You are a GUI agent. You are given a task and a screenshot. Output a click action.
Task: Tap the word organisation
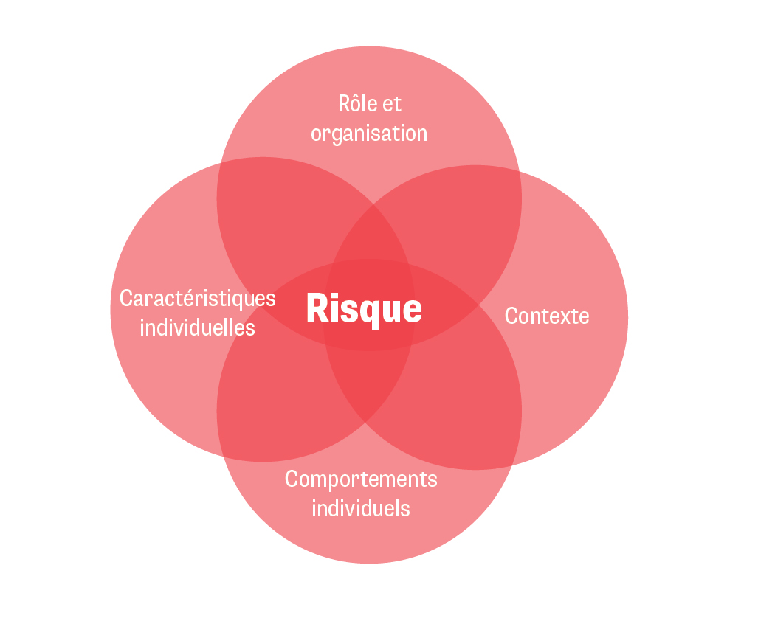pyautogui.click(x=369, y=134)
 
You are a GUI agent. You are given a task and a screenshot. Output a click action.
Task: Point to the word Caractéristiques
pyautogui.click(x=198, y=299)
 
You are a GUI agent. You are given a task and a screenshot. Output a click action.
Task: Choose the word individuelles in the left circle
pyautogui.click(x=198, y=327)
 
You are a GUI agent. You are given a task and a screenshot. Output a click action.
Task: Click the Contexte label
pyautogui.click(x=547, y=316)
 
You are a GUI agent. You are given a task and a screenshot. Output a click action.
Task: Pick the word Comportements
pyautogui.click(x=361, y=479)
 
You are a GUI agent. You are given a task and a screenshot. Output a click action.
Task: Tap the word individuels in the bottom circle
pyautogui.click(x=361, y=508)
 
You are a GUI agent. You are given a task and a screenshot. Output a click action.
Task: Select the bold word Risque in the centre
pyautogui.click(x=365, y=308)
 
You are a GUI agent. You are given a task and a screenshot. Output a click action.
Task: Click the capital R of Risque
pyautogui.click(x=315, y=308)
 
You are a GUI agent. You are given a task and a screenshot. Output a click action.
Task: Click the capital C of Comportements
pyautogui.click(x=292, y=479)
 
